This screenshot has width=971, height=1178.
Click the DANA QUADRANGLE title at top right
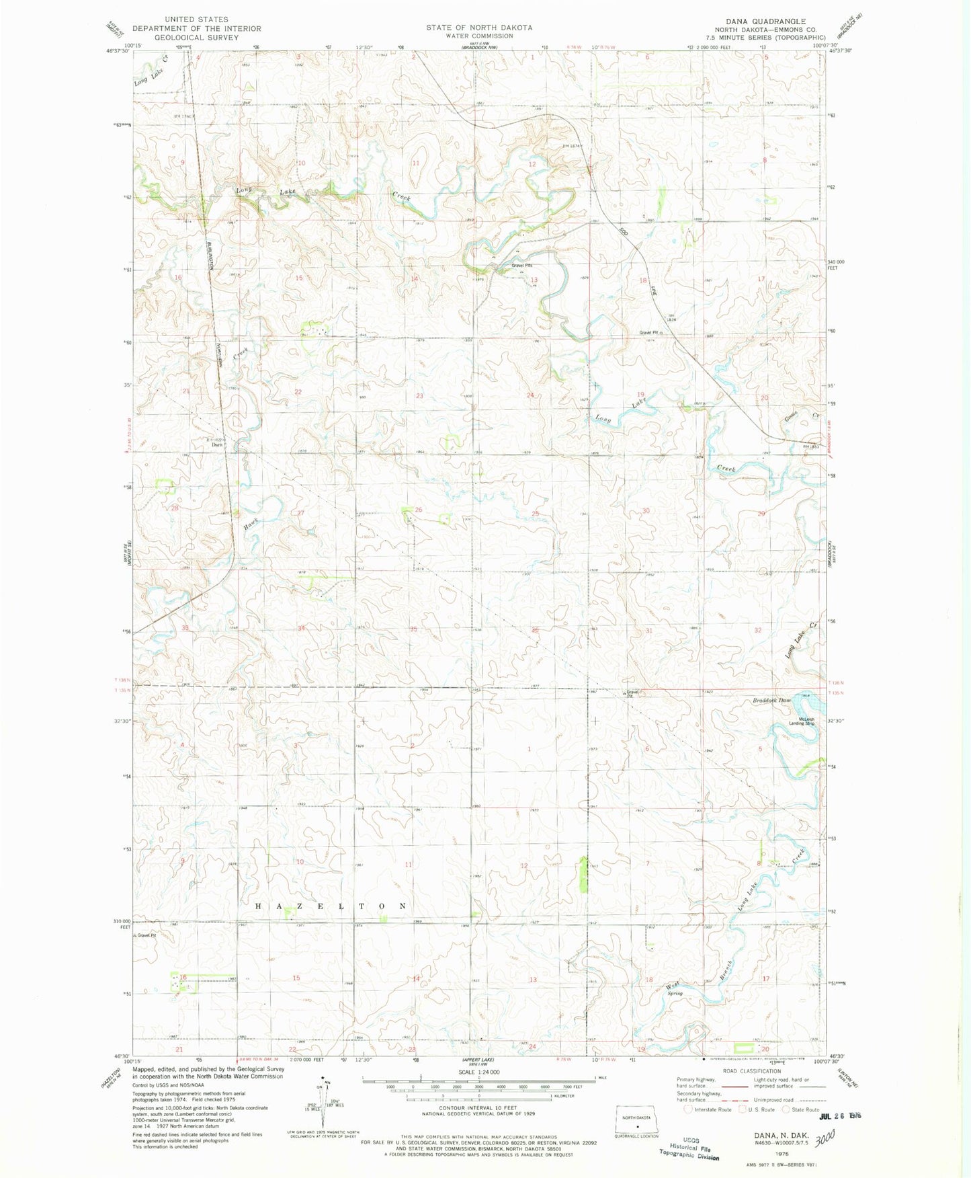click(765, 21)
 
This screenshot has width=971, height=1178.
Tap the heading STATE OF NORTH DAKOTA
click(479, 28)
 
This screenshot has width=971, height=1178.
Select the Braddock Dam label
click(771, 700)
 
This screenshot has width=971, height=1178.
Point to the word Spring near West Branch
click(674, 993)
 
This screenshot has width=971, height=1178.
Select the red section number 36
click(536, 629)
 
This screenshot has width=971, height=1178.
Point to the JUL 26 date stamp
click(840, 1116)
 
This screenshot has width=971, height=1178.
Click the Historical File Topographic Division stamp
click(690, 1150)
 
